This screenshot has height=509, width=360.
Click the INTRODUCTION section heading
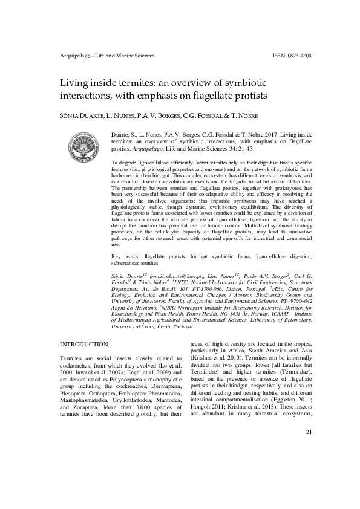point(83,344)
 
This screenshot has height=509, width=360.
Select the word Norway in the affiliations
point(258,314)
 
